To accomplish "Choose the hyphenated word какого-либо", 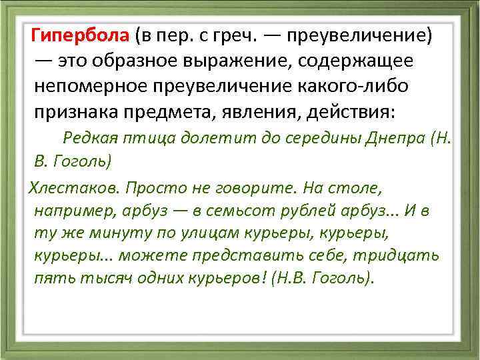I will [350, 87].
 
